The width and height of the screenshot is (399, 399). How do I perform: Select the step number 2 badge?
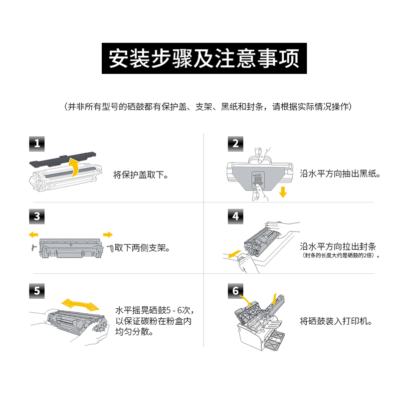coord(235,145)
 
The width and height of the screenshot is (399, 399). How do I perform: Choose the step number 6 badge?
coord(235,291)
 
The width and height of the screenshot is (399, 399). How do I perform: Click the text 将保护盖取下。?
coord(141,176)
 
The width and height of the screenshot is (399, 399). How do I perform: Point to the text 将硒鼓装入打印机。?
coord(337,321)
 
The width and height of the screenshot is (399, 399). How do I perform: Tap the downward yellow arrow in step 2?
coord(283,192)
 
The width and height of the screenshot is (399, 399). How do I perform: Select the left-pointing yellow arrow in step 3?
coord(33,234)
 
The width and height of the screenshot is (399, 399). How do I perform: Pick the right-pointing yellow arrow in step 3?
coord(107,234)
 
